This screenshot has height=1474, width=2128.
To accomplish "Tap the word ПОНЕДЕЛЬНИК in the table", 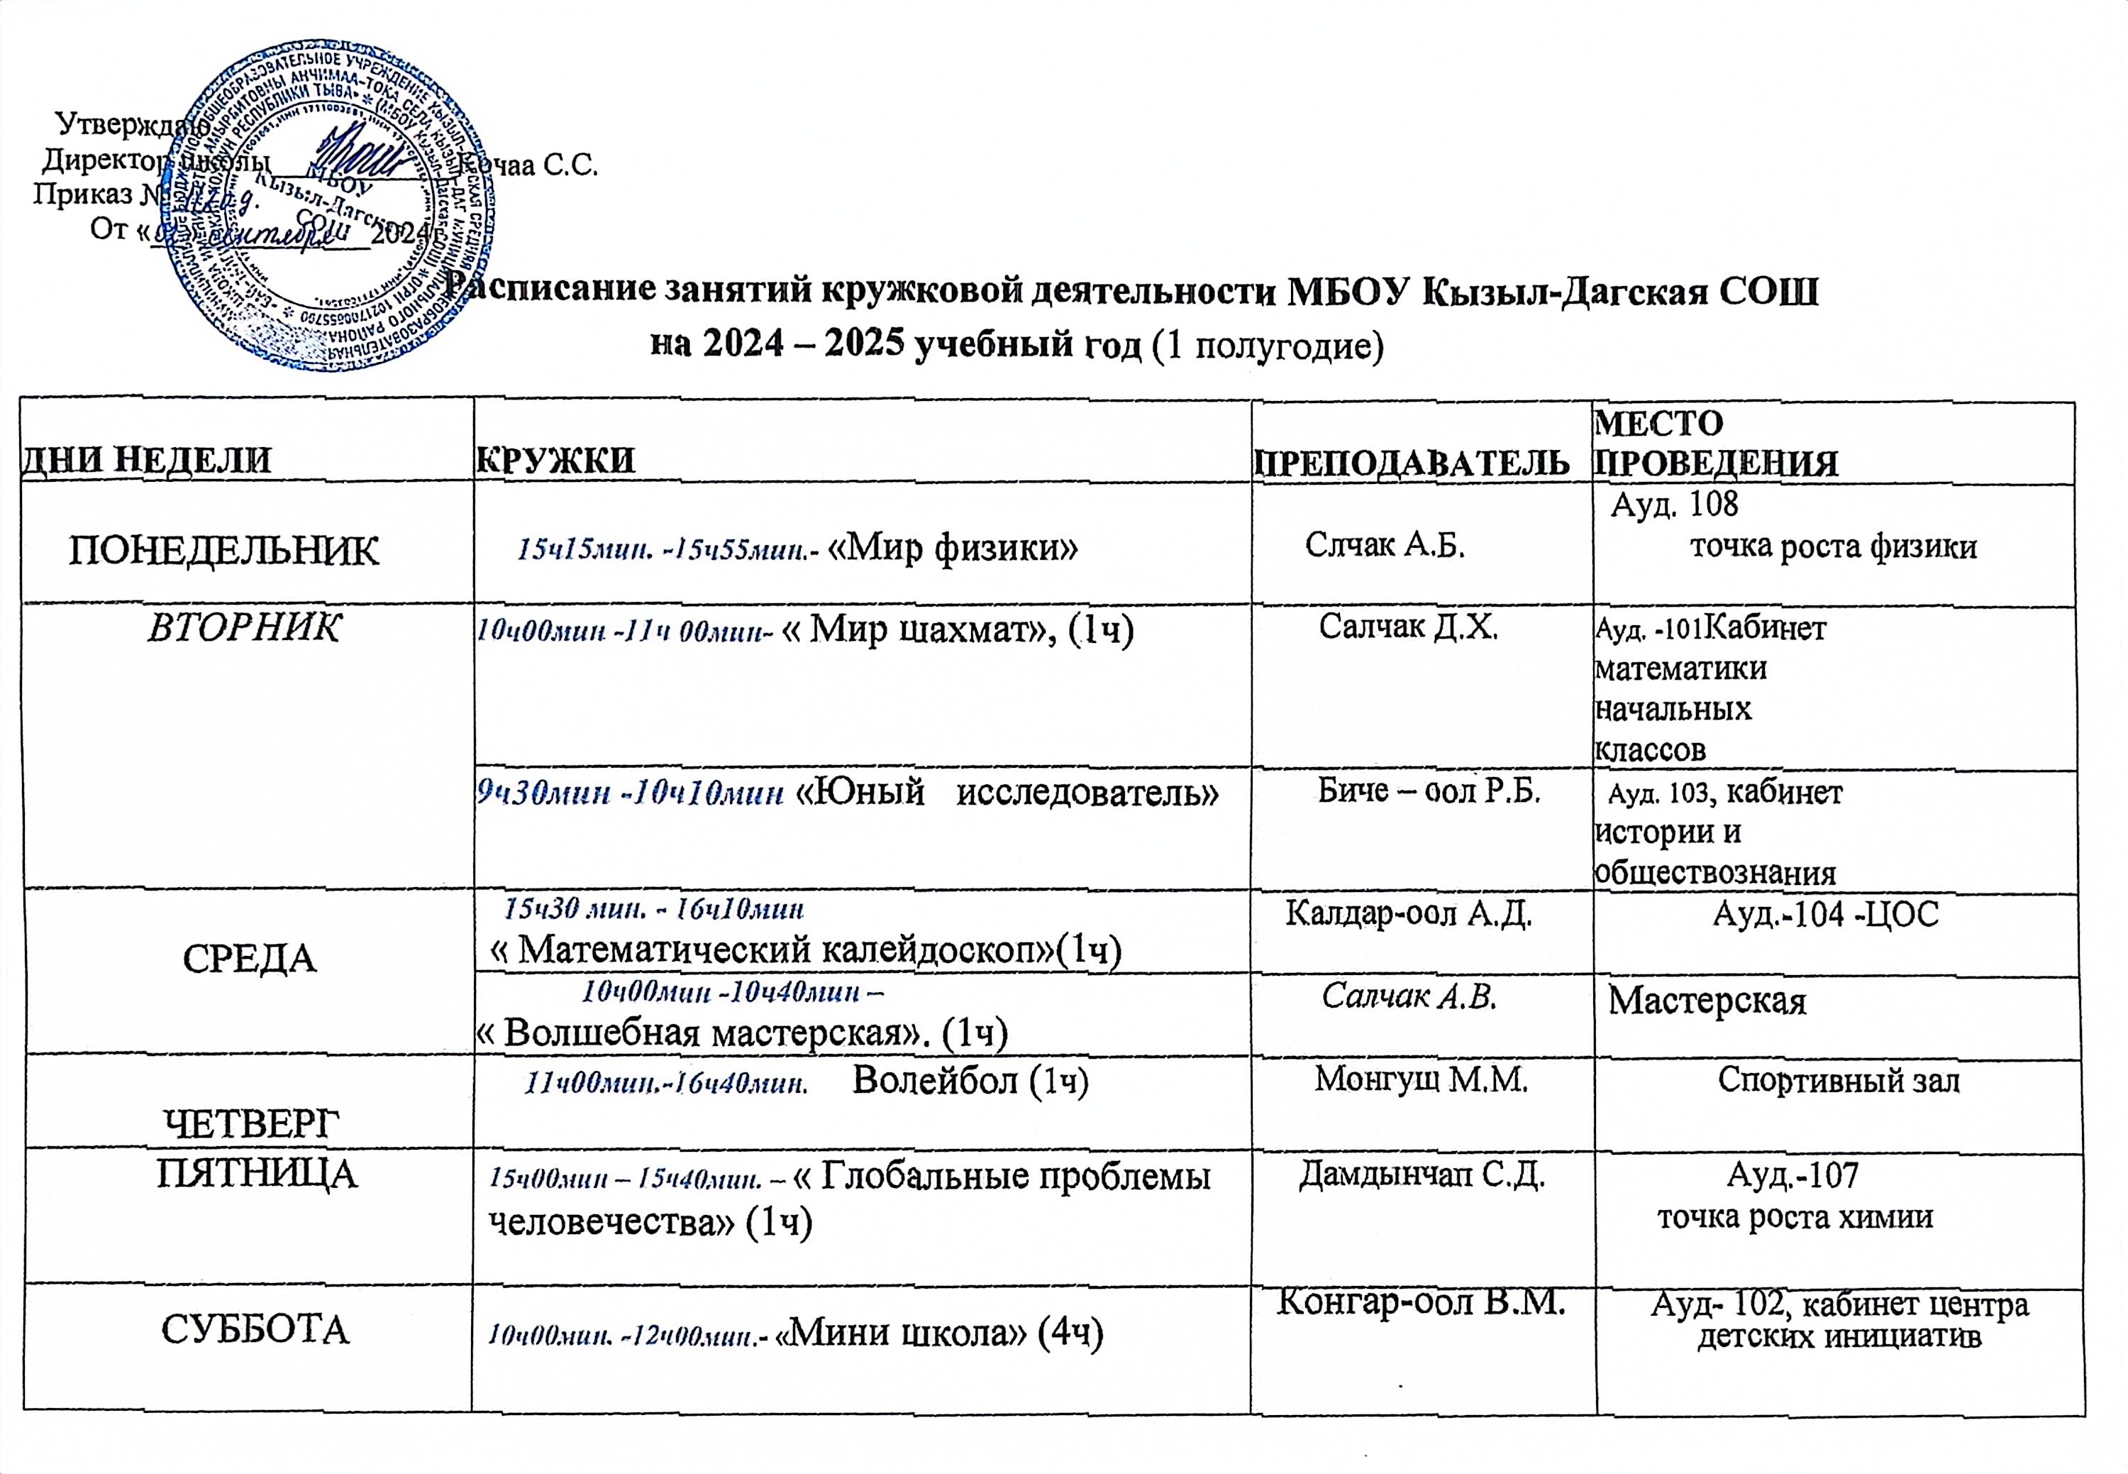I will tap(224, 551).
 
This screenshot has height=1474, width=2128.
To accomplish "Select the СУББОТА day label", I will tap(256, 1331).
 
